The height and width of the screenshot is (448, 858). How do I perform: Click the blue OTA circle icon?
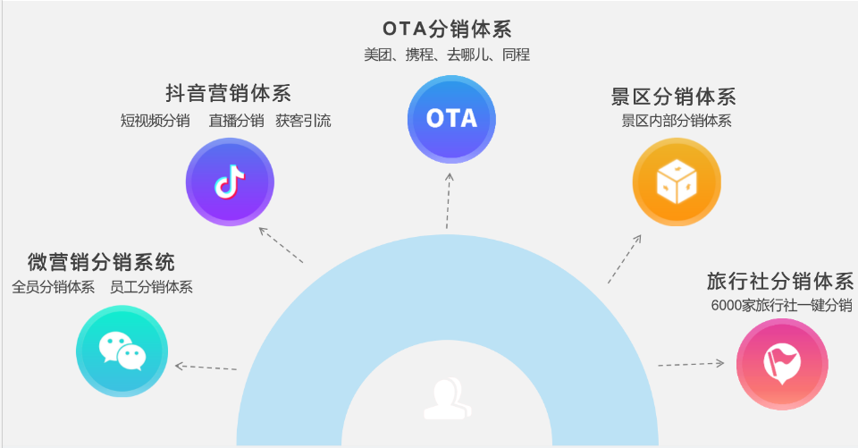point(451,119)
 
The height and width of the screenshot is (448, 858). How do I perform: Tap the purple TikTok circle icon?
point(230,182)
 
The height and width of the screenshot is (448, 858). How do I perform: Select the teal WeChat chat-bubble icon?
point(122,351)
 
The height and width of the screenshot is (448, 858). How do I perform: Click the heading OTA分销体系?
point(447,30)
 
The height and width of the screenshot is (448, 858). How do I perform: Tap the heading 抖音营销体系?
point(228,94)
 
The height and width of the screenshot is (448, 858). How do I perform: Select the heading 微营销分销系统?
point(101,262)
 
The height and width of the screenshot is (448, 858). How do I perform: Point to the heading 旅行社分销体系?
point(779,281)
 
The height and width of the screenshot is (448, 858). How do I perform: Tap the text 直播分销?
point(236,121)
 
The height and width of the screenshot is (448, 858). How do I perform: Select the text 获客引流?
point(303,121)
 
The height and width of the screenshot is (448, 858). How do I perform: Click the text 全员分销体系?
point(54,287)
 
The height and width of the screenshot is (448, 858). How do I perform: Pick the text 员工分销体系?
point(151,287)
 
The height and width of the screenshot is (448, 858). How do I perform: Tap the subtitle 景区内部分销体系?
point(676,121)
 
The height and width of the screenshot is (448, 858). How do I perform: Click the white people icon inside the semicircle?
point(447,399)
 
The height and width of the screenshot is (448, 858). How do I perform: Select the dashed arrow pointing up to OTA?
point(449,201)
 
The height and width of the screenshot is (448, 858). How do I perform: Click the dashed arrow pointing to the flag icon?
point(691,363)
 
